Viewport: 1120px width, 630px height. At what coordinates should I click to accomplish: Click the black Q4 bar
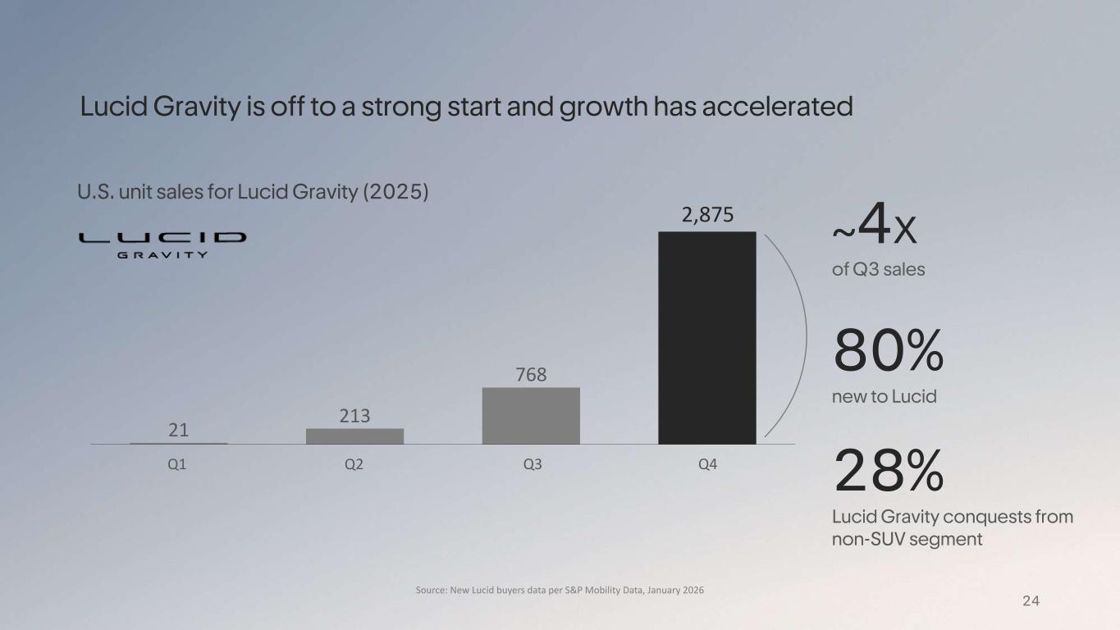(706, 338)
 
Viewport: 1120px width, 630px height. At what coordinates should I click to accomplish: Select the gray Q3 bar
(531, 416)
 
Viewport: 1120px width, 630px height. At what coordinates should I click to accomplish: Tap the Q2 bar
(354, 436)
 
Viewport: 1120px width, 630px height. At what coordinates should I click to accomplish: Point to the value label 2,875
(706, 215)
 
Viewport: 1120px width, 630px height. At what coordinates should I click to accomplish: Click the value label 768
(531, 374)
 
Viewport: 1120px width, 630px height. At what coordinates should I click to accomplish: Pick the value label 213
(354, 416)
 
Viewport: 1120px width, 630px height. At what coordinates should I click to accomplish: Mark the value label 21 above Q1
(177, 430)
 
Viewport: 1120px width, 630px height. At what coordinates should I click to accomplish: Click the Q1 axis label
(177, 464)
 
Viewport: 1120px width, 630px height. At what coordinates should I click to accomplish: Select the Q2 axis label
(354, 464)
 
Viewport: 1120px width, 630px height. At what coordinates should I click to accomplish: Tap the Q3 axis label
(532, 464)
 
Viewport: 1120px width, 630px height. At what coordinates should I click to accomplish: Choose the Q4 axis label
(707, 464)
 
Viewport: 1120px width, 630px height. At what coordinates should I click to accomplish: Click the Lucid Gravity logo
(162, 244)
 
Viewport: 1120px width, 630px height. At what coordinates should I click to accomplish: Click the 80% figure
(889, 350)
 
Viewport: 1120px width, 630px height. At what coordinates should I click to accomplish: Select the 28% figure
(889, 471)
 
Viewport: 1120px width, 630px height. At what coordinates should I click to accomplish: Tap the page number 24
(1031, 601)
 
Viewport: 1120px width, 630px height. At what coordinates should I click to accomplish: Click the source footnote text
(560, 590)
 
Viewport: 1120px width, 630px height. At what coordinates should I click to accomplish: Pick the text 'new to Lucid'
(885, 397)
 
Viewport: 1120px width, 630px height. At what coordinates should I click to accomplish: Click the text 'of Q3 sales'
(878, 269)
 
